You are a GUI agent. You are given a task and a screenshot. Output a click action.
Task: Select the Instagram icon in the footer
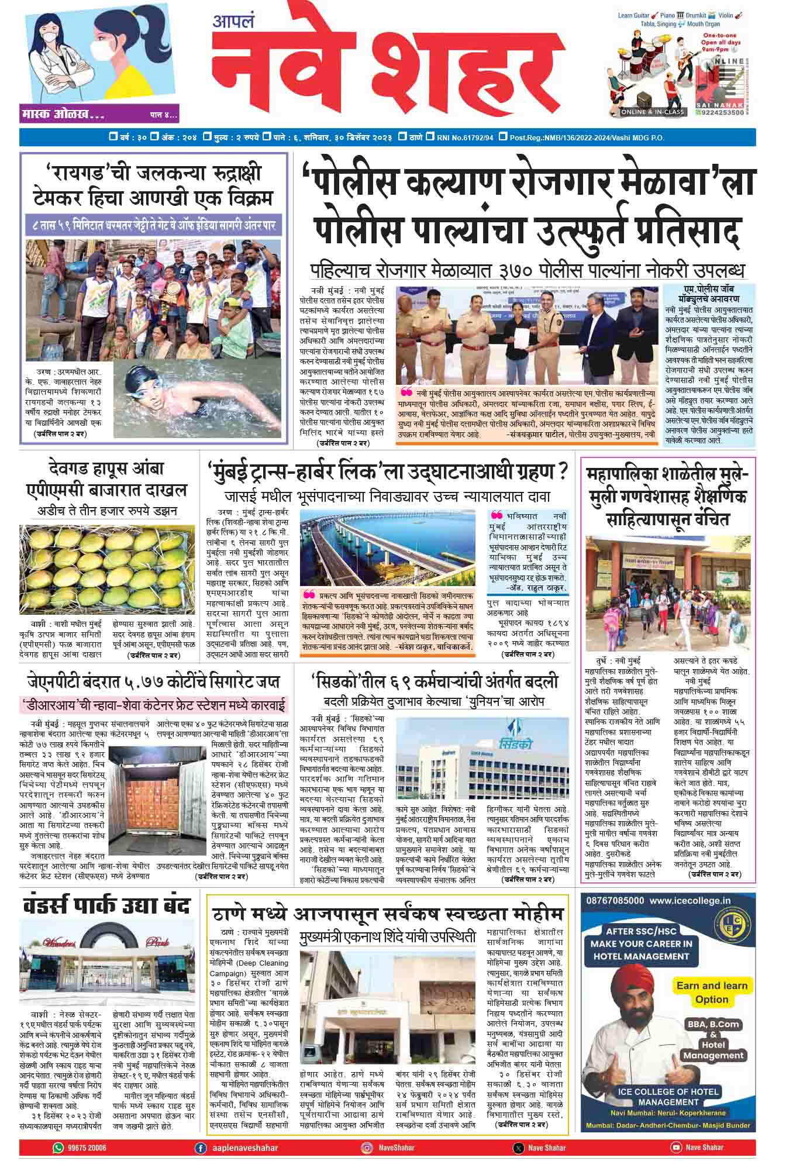pos(367,1147)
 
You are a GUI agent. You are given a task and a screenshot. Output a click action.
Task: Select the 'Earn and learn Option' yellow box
pos(711,991)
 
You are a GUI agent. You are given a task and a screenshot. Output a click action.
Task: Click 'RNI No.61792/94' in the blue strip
pos(465,137)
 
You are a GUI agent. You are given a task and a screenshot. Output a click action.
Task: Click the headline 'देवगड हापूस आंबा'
pos(106,468)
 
